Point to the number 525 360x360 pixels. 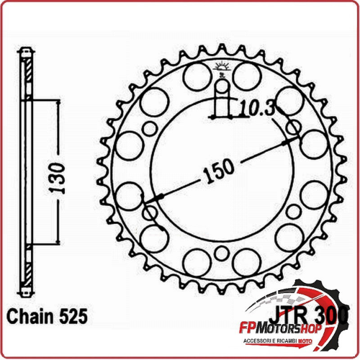[73, 315]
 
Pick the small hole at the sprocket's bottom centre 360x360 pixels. [222, 252]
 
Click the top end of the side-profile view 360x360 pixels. [27, 52]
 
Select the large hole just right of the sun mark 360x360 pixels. [246, 75]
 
